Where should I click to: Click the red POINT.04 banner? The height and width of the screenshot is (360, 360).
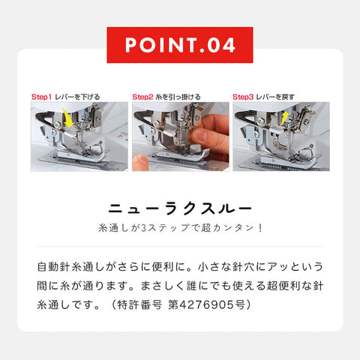(x=180, y=45)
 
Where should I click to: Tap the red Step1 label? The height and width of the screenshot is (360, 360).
(x=41, y=97)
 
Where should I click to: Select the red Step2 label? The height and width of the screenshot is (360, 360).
(x=142, y=97)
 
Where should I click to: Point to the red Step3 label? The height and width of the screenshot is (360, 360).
(x=243, y=97)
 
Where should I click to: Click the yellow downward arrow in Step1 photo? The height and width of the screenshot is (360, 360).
(x=68, y=118)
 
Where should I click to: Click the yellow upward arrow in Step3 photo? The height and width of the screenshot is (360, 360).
(x=284, y=118)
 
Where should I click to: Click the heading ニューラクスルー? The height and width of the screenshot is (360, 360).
(x=180, y=209)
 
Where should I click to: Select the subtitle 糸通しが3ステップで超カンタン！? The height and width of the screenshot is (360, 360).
(x=180, y=228)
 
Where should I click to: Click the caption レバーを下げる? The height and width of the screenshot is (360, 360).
(x=77, y=97)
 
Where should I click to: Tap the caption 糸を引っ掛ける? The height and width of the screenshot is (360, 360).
(x=178, y=97)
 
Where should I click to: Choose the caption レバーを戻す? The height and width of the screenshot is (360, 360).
(x=275, y=97)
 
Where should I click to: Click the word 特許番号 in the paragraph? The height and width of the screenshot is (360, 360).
(x=139, y=304)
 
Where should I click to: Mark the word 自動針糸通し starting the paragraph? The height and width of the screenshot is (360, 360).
(x=70, y=267)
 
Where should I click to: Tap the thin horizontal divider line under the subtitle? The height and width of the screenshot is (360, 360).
(x=180, y=246)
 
